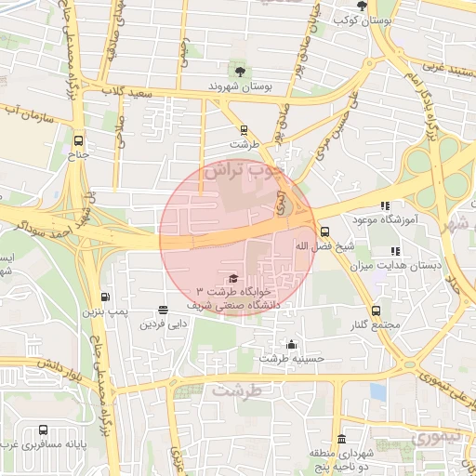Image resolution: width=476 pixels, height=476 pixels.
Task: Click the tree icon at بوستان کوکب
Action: [362, 6]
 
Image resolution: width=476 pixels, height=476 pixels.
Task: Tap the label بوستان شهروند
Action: [241, 86]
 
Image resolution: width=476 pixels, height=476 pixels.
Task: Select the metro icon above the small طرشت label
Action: [245, 130]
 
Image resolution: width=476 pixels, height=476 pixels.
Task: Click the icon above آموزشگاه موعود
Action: [385, 205]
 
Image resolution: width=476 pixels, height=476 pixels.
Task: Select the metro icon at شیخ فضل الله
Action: [324, 232]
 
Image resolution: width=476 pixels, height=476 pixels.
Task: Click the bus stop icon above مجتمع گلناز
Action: [376, 311]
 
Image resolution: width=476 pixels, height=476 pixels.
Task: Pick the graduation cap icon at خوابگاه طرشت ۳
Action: [232, 278]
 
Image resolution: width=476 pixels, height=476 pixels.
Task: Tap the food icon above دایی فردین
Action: [164, 310]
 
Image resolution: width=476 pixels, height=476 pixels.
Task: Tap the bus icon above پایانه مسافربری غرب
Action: [44, 430]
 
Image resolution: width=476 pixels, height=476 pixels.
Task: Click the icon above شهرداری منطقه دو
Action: [342, 439]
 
